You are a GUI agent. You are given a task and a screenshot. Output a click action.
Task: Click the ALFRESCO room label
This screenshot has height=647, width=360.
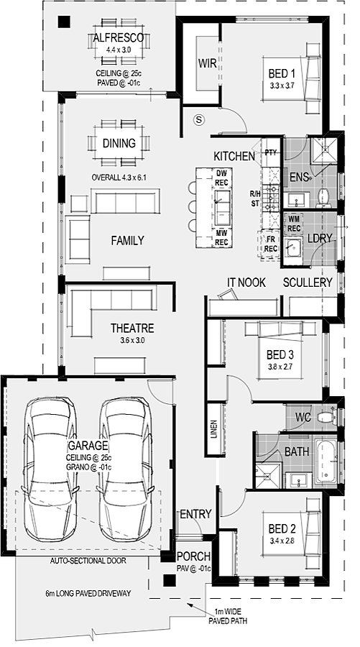(x=119, y=38)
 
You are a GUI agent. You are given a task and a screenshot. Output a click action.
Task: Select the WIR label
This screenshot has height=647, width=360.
(x=207, y=63)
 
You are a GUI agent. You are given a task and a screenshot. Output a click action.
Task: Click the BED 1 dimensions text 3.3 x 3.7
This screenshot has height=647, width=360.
(x=282, y=86)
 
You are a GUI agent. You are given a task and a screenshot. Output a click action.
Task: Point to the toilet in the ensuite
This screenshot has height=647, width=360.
(x=323, y=198)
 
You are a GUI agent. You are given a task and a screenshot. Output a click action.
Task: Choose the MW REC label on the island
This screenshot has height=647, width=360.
(x=222, y=239)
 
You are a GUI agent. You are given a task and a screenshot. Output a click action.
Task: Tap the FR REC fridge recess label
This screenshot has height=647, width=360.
(x=270, y=245)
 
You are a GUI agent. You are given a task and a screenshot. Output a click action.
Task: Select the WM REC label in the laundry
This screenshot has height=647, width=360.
(x=294, y=224)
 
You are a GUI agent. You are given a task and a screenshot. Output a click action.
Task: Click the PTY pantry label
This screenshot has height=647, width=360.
(x=271, y=152)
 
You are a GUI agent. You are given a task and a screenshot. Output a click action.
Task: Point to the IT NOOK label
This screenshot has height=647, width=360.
(x=246, y=283)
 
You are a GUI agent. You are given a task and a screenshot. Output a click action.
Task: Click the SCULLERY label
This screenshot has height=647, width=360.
(x=308, y=283)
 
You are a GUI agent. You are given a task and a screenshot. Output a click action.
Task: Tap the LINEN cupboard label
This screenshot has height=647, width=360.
(x=214, y=430)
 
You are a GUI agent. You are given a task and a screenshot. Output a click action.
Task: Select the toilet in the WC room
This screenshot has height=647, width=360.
(x=331, y=416)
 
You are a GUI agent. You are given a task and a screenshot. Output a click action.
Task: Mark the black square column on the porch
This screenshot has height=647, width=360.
(x=169, y=581)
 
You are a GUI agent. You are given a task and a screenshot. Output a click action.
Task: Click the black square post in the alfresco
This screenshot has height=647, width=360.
(x=64, y=22)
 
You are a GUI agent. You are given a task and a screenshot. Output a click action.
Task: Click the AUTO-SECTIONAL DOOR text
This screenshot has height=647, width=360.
(x=88, y=561)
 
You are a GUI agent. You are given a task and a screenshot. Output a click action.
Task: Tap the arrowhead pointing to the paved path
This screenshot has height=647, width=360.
(x=190, y=605)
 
